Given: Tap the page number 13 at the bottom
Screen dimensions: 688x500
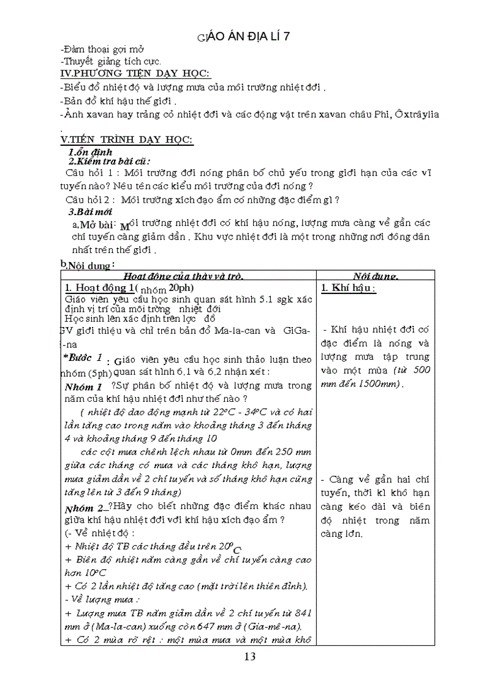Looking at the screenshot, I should point(249,657).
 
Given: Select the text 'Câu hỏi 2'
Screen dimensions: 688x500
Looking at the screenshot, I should point(90,199).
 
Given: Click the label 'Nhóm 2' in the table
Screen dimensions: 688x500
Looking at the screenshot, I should point(85,509).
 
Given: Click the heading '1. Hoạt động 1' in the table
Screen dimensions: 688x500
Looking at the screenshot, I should point(97,288).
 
